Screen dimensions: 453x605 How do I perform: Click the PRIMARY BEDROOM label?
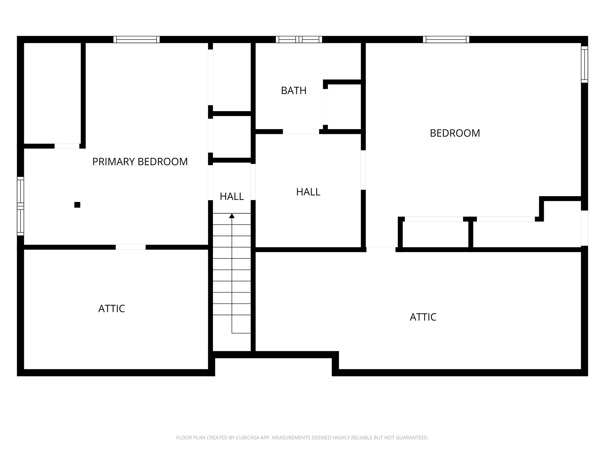click(x=140, y=162)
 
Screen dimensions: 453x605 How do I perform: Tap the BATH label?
click(x=293, y=91)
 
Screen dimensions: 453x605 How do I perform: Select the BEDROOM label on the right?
click(x=455, y=133)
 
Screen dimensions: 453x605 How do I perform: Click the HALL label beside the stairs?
click(x=232, y=196)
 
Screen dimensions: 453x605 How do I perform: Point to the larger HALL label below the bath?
click(x=308, y=192)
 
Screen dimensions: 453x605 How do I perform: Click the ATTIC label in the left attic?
click(x=111, y=309)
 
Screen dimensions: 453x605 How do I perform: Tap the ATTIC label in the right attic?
click(x=423, y=317)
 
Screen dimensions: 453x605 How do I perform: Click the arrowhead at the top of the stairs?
click(x=232, y=216)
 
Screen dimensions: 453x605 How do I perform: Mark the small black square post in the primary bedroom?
click(x=77, y=205)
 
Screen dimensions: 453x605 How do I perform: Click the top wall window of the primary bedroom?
click(x=136, y=40)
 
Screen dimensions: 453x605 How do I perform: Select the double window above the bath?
click(x=299, y=40)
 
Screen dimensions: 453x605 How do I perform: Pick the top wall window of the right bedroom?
click(x=446, y=40)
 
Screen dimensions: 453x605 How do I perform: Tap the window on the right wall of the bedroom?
click(x=584, y=64)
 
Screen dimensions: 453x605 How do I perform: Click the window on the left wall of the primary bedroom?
click(x=20, y=206)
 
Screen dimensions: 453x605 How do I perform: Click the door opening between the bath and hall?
click(x=301, y=132)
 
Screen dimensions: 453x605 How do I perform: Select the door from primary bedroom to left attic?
click(x=130, y=247)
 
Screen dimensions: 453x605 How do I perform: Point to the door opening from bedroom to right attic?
click(x=381, y=249)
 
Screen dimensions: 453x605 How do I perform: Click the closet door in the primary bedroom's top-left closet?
click(x=67, y=146)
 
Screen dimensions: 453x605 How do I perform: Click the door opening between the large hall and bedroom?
click(x=363, y=170)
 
